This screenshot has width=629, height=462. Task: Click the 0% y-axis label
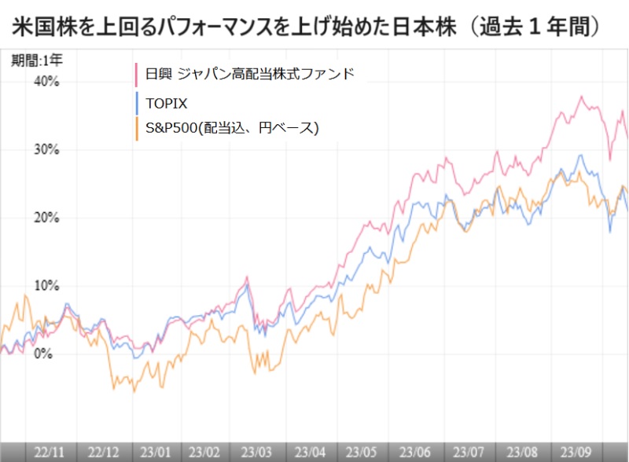(x=43, y=354)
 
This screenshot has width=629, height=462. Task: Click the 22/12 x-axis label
(x=104, y=452)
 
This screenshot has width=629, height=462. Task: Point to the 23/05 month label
(x=361, y=452)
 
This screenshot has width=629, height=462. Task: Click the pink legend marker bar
(x=137, y=75)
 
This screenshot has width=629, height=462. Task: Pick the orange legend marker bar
(x=137, y=127)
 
